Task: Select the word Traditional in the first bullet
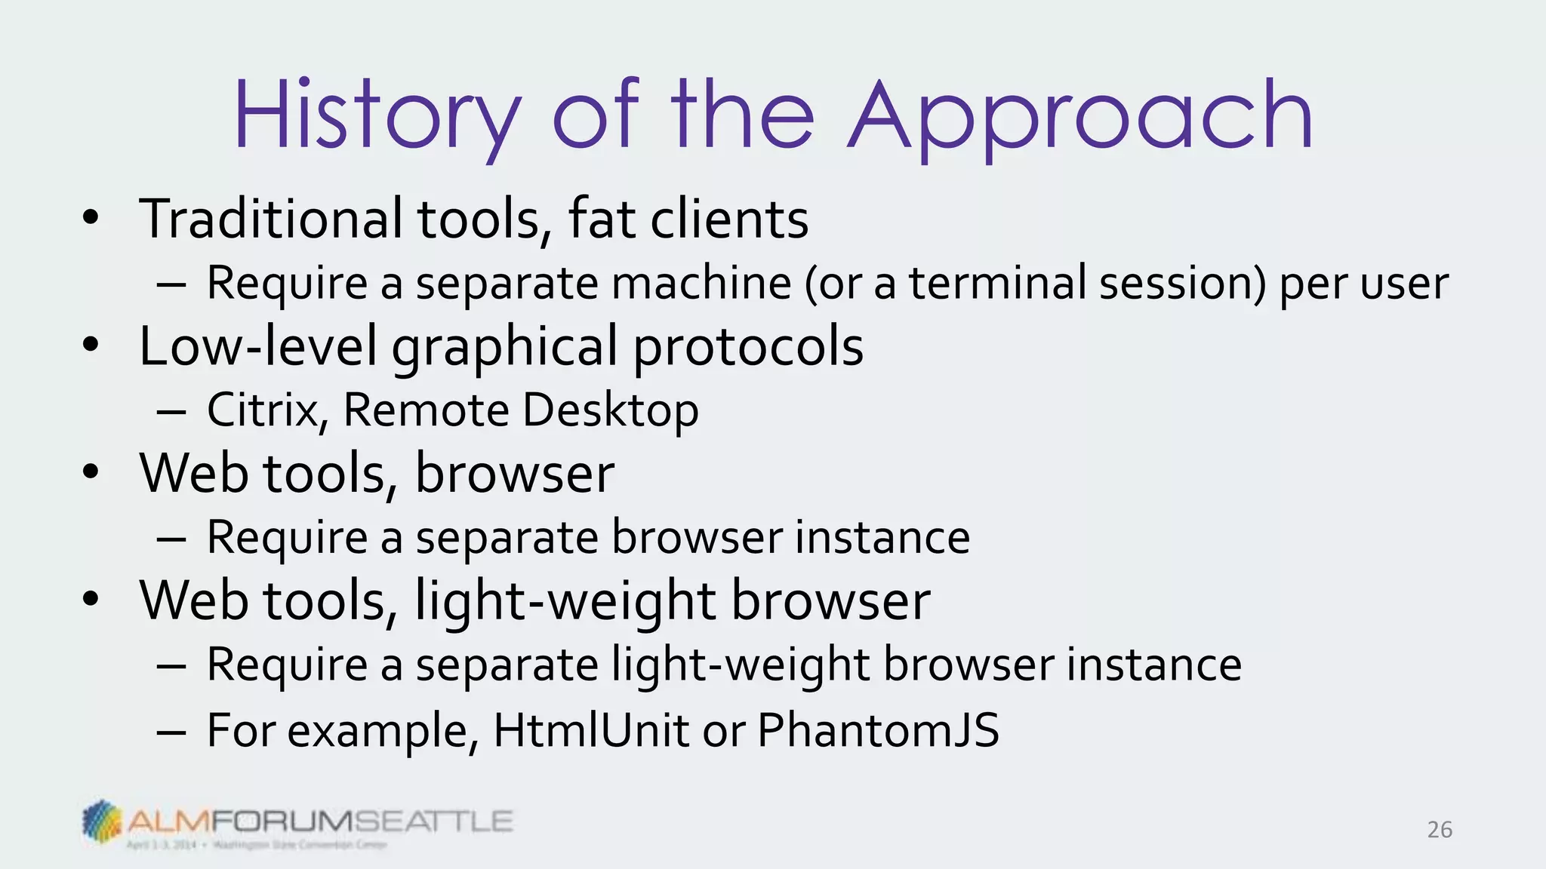click(x=270, y=219)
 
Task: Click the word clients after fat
click(x=729, y=219)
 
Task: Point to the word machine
click(x=701, y=283)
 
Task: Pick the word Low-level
click(x=257, y=346)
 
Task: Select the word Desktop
click(x=611, y=410)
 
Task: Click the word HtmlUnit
click(x=591, y=730)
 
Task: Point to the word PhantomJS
click(x=878, y=730)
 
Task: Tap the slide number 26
click(x=1440, y=830)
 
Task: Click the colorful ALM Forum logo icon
click(x=101, y=821)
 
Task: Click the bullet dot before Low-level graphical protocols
click(x=91, y=346)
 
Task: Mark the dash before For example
click(x=172, y=731)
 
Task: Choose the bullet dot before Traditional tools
click(x=91, y=219)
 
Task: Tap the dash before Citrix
click(x=172, y=411)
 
